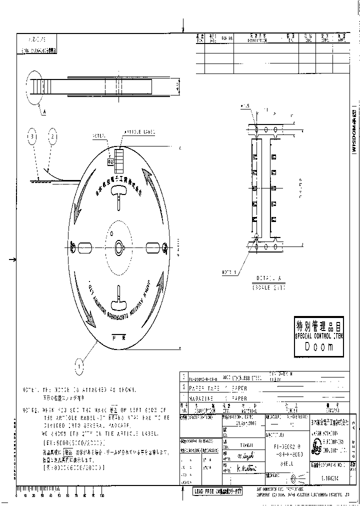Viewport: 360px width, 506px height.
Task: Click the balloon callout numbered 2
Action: click(x=53, y=136)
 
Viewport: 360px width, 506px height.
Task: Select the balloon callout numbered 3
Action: click(x=33, y=136)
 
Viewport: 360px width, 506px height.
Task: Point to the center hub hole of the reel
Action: click(x=119, y=246)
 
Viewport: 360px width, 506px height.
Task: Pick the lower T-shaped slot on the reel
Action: click(x=119, y=297)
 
